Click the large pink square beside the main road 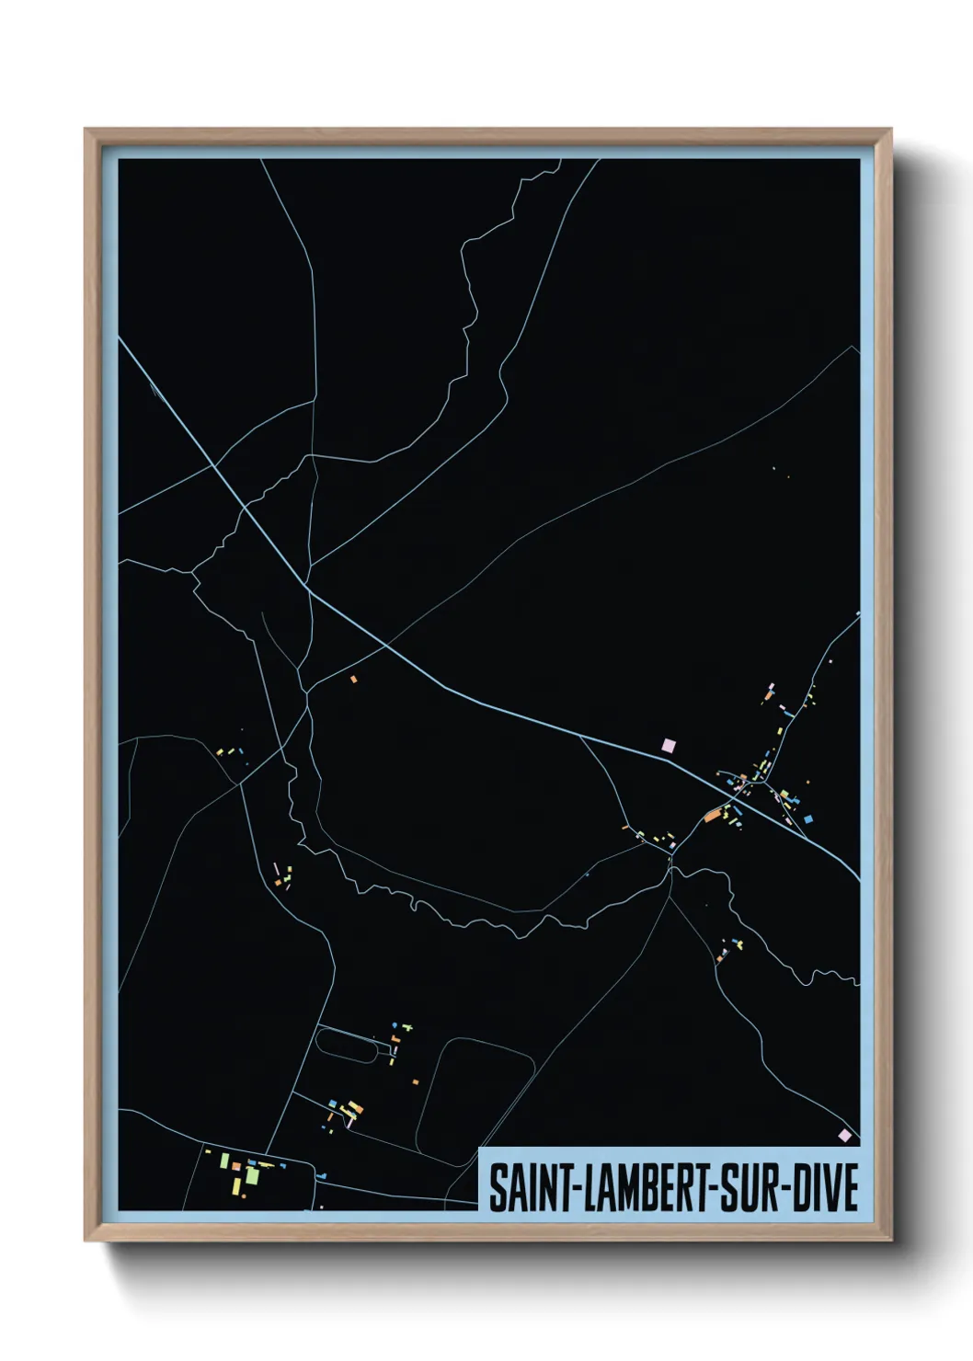[x=669, y=745]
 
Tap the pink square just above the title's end [x=844, y=1136]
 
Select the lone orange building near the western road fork [x=353, y=680]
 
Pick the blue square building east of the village [x=808, y=818]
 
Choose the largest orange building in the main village [x=713, y=815]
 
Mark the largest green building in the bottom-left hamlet [x=252, y=1176]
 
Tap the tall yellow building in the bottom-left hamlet [x=223, y=1161]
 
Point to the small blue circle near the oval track [x=396, y=1024]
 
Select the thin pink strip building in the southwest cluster [x=275, y=869]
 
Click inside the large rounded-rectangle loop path [x=474, y=1099]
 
